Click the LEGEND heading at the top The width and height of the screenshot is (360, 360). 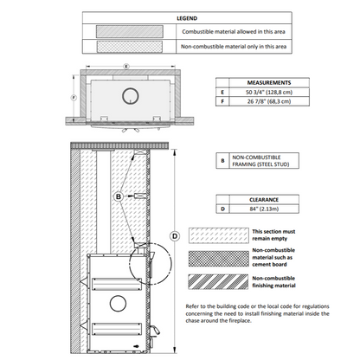187,18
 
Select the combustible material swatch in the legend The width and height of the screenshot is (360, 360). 130,31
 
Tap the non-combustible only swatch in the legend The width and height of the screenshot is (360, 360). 130,47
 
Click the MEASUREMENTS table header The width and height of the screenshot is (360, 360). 269,83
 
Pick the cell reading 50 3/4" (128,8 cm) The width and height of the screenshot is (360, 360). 269,93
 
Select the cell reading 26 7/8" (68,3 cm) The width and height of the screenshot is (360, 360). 269,101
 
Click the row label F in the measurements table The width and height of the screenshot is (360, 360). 222,101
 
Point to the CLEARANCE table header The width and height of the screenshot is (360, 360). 264,200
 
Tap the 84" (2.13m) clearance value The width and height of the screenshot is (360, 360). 264,209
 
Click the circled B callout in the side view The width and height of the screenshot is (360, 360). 119,196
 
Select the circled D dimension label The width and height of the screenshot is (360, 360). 175,236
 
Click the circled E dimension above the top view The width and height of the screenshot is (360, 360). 126,67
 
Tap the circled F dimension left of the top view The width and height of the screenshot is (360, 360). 74,98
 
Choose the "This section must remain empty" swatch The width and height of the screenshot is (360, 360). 219,235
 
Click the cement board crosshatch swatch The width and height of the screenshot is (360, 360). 219,259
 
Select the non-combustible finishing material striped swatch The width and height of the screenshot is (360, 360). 218,282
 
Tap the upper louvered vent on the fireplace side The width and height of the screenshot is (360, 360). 117,285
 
